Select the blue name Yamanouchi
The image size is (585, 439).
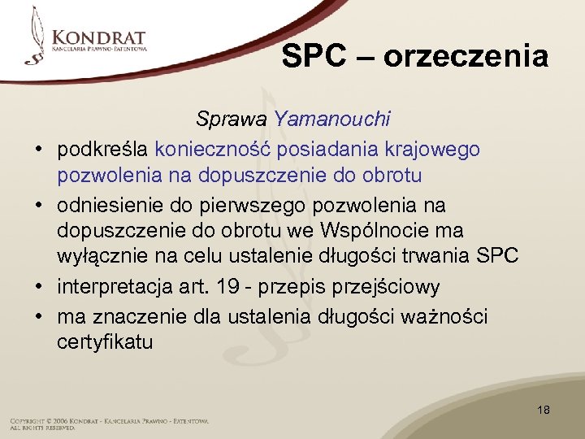click(x=332, y=120)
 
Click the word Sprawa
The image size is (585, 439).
click(x=232, y=120)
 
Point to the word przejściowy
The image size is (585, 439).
click(x=395, y=287)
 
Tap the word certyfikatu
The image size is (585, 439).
click(x=105, y=342)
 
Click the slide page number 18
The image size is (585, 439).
click(x=544, y=410)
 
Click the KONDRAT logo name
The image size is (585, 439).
click(x=99, y=38)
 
